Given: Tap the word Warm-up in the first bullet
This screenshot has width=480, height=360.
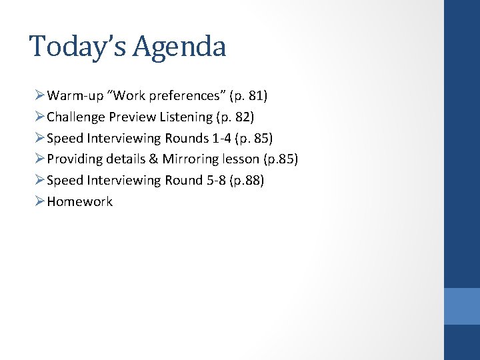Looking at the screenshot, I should click(x=74, y=96).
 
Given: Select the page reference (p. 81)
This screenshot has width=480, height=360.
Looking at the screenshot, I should click(x=248, y=96).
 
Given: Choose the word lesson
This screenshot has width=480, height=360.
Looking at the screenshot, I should click(x=240, y=159).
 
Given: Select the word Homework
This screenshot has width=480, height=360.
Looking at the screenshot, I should click(x=79, y=202).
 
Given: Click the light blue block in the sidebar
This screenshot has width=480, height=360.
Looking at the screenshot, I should click(x=461, y=306).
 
